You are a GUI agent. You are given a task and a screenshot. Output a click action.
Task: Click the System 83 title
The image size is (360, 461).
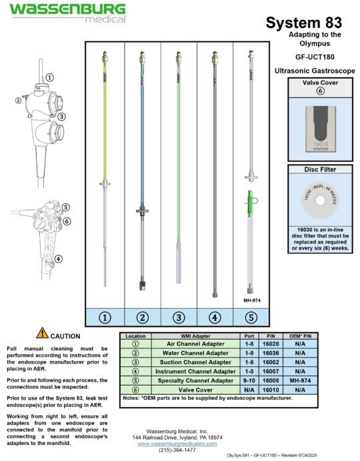pos(303,23)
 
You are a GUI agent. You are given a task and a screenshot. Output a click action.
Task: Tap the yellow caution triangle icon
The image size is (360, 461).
pos(42,332)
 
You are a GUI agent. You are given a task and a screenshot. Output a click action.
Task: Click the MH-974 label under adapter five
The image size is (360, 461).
pos(251,300)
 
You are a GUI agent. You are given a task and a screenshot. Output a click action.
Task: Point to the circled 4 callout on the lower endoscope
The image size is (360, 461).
pos(59,259)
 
